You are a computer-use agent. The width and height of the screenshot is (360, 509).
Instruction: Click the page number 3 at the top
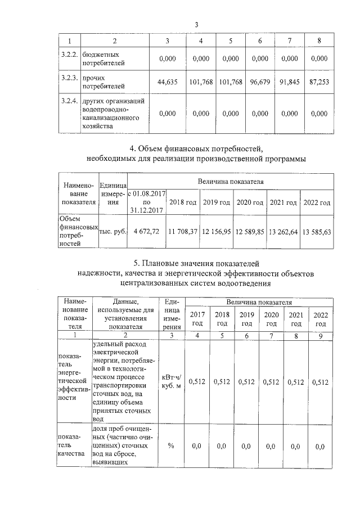196,24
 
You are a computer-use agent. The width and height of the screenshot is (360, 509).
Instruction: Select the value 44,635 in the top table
168,81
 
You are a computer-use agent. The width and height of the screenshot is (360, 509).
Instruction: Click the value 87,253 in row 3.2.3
319,81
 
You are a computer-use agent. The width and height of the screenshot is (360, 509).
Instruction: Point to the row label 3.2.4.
70,101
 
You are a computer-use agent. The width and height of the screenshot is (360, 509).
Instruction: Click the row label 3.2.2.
70,53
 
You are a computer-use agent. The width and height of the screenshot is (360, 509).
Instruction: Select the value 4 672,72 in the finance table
147,231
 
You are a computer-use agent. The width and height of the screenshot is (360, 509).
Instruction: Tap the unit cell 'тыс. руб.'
112,231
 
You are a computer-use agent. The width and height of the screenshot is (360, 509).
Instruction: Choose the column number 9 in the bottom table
321,335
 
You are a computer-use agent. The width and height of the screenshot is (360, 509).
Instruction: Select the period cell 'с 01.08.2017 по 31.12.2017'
147,202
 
